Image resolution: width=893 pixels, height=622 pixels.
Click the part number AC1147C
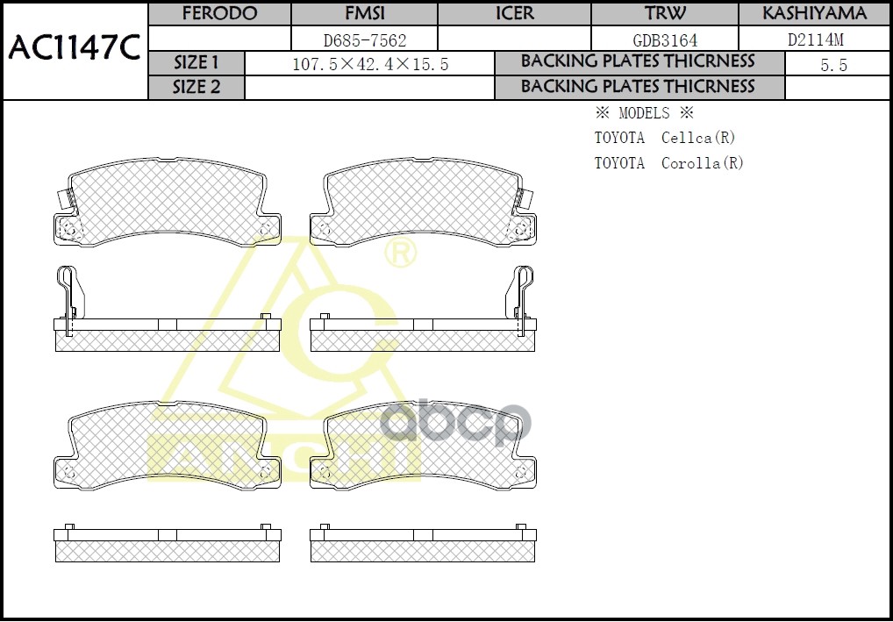click(x=74, y=49)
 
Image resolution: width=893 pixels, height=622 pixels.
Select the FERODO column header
click(x=219, y=14)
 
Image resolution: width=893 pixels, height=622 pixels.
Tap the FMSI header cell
click(x=363, y=14)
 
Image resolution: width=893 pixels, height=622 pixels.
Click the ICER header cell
click(x=514, y=14)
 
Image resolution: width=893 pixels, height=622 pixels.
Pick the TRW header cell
click(x=665, y=14)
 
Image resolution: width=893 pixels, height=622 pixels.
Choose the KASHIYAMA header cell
click(x=814, y=14)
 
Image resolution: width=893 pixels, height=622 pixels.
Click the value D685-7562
click(x=363, y=39)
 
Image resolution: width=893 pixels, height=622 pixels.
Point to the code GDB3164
click(x=665, y=39)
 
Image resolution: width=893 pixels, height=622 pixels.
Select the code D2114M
click(x=814, y=39)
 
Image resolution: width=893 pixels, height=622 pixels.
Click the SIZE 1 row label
click(x=196, y=63)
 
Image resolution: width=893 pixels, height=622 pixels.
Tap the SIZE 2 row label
click(x=196, y=87)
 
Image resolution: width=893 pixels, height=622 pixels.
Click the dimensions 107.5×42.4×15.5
click(x=369, y=64)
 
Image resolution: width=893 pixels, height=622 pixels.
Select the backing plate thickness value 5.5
click(x=833, y=65)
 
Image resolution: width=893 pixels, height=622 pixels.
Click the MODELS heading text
click(x=644, y=113)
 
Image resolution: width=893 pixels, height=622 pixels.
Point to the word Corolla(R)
click(x=702, y=163)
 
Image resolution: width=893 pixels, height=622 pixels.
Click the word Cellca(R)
click(x=697, y=138)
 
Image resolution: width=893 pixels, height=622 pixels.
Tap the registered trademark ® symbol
click(x=401, y=254)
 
